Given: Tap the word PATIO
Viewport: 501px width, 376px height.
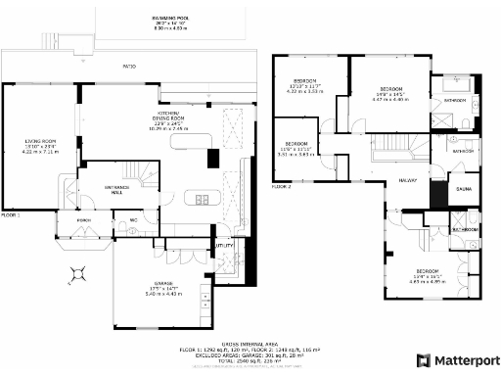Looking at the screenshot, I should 128,67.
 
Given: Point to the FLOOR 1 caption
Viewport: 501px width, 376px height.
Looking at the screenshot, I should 11,212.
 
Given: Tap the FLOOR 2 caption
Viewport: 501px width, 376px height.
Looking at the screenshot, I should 281,185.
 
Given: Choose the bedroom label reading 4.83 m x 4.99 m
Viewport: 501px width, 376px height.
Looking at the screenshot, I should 427,278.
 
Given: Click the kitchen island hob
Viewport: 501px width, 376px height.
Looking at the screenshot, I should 204,201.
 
